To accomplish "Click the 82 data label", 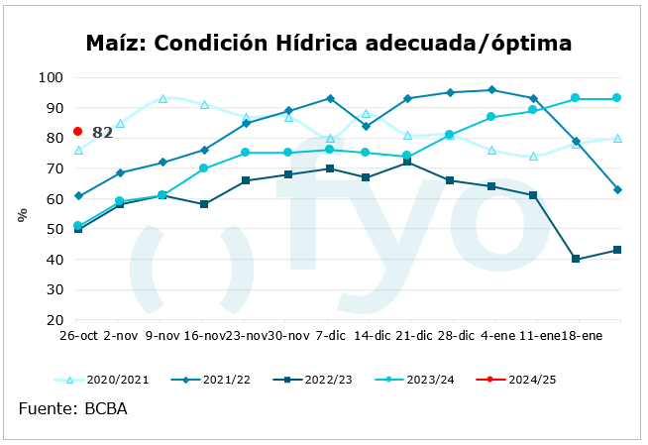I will point(102,133).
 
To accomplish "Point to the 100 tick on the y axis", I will point(51,77).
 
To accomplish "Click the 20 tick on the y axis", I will point(54,320).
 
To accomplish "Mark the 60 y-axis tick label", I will point(54,198).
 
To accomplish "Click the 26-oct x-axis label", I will point(77,337).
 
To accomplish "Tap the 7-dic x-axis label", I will point(328,337).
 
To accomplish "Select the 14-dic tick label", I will point(373,337).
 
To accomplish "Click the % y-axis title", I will point(22,214).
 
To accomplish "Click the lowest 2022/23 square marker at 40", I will point(576,260).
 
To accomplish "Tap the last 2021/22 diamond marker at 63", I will point(617,189).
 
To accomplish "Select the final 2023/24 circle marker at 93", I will point(617,98).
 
